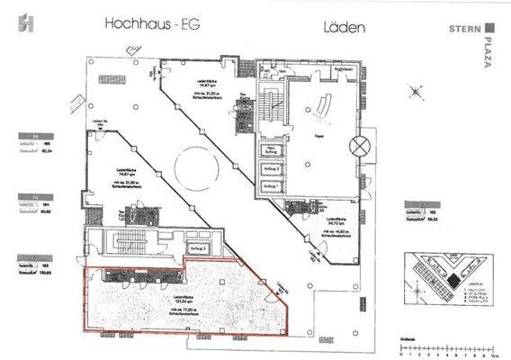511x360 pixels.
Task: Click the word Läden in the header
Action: [343, 27]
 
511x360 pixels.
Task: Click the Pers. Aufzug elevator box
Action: [270, 150]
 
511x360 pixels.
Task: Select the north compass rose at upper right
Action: [417, 93]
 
